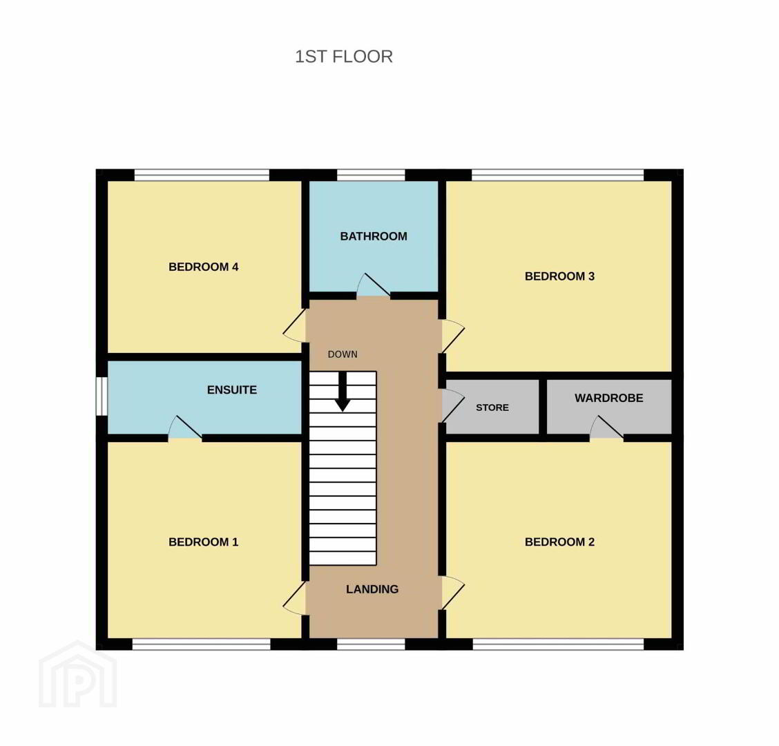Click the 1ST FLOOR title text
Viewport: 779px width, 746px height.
[x=344, y=57]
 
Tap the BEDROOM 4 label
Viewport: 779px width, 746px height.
[x=204, y=267]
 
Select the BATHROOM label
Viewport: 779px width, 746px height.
[x=374, y=236]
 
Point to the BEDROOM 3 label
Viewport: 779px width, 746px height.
[x=559, y=276]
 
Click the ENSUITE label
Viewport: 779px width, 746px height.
[x=232, y=390]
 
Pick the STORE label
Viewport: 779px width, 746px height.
[x=492, y=408]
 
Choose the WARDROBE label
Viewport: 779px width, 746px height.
[x=609, y=398]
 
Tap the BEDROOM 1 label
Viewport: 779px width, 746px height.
[x=204, y=542]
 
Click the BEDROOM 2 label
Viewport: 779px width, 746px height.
[x=559, y=542]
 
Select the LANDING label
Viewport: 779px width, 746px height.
[x=372, y=589]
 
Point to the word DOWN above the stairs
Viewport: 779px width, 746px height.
[x=343, y=354]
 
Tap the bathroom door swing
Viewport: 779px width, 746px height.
[x=373, y=285]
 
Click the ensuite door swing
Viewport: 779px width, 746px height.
[x=185, y=428]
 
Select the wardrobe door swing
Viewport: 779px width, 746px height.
[x=606, y=428]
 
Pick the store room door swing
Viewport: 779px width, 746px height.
[x=452, y=406]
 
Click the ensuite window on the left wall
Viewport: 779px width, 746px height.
[x=102, y=396]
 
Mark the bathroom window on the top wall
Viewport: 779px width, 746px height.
[x=371, y=175]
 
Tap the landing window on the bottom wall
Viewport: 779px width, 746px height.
[x=371, y=644]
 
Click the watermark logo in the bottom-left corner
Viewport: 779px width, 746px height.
[x=78, y=674]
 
